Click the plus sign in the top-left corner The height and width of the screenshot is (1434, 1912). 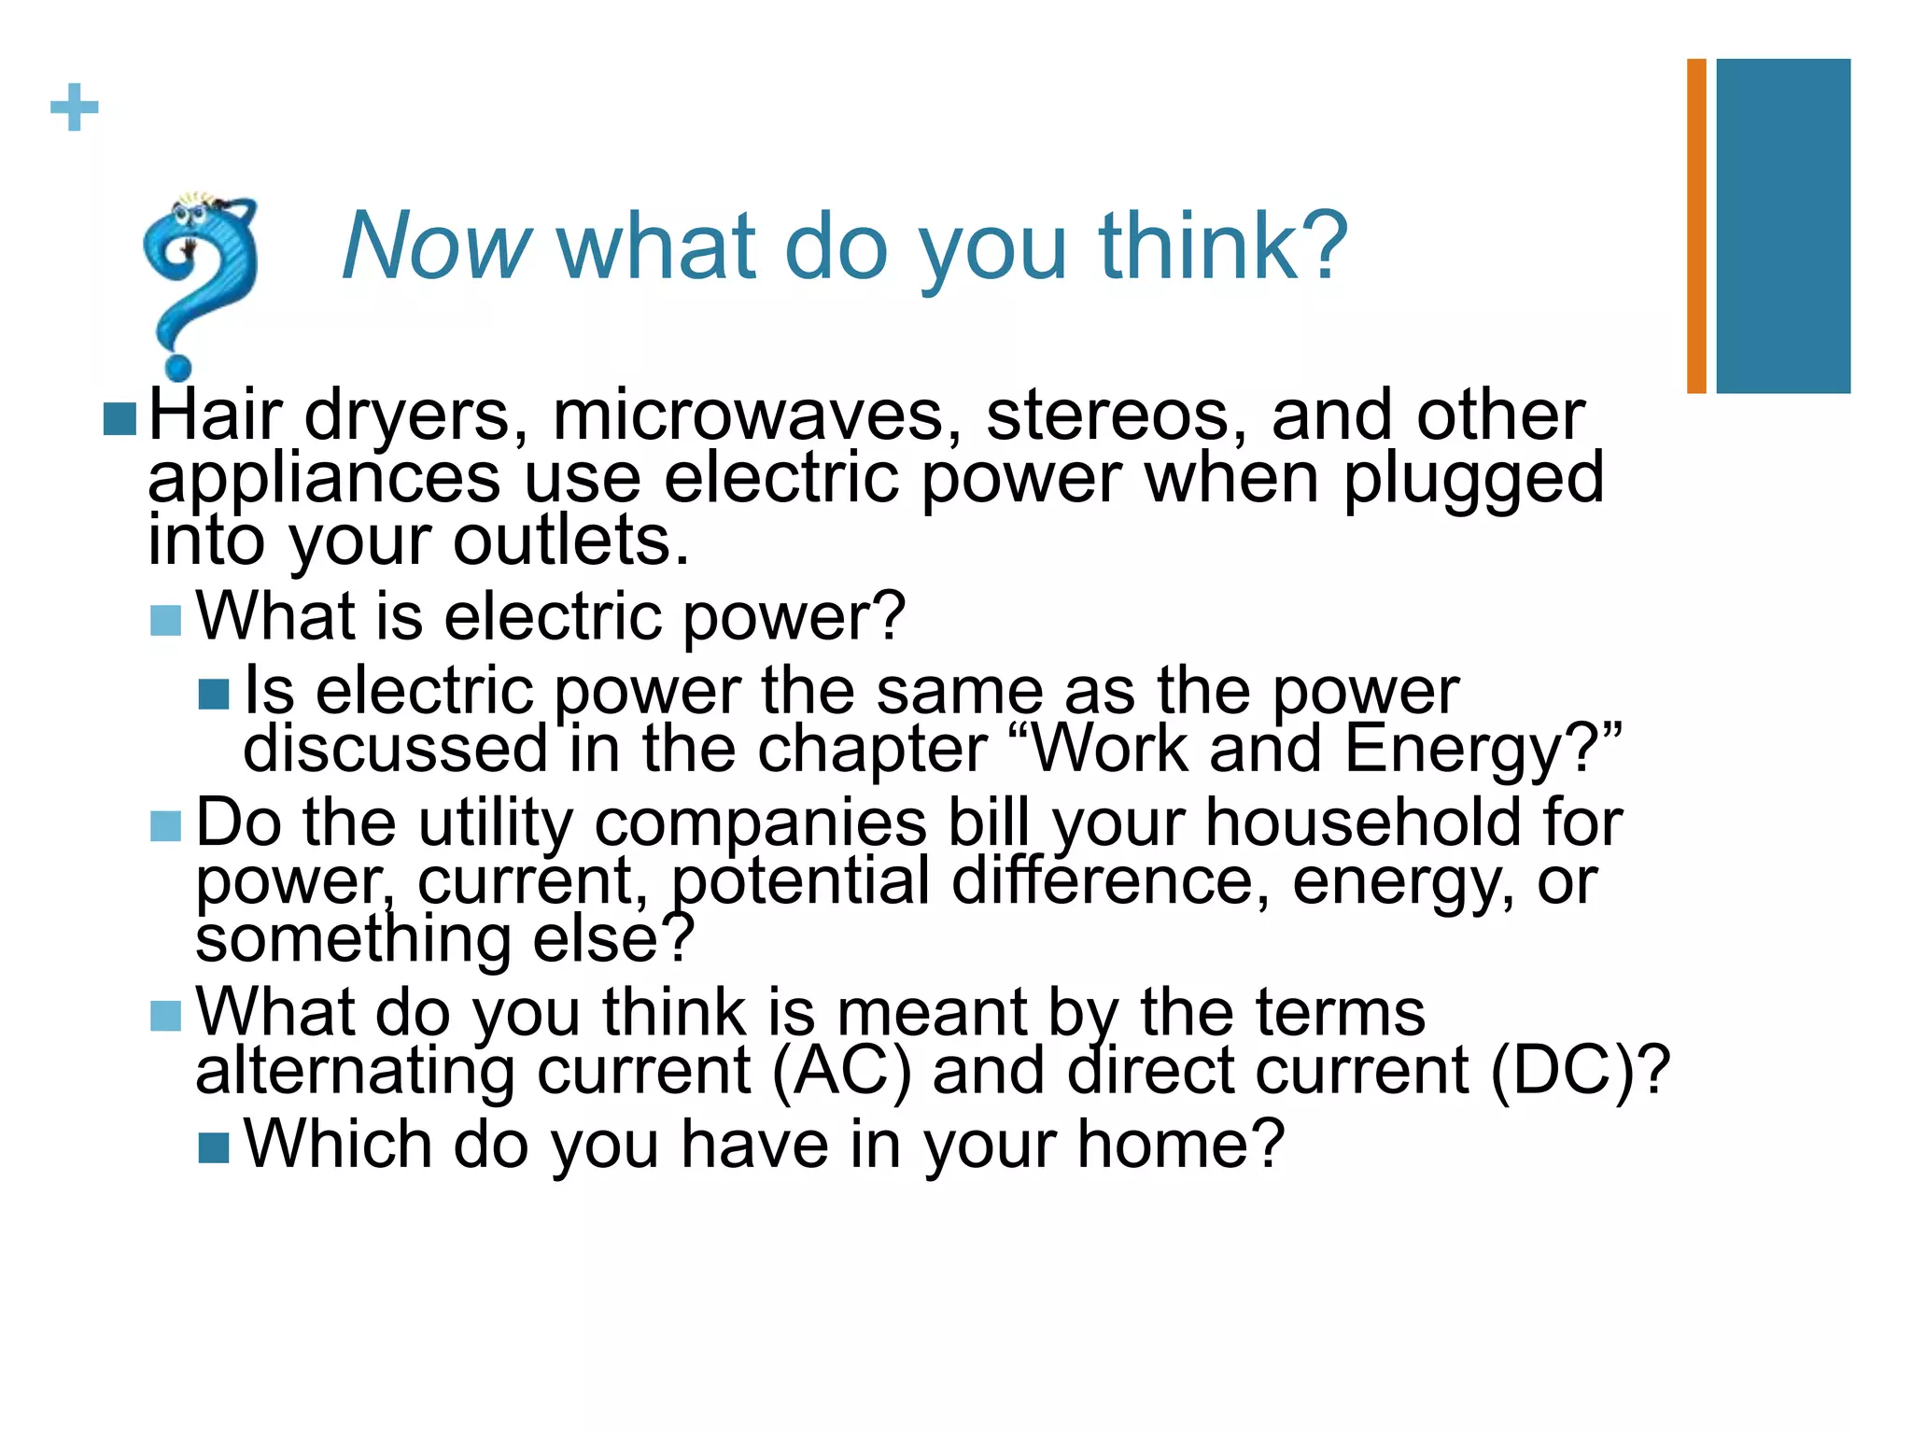(x=74, y=107)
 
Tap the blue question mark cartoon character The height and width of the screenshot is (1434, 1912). (x=198, y=280)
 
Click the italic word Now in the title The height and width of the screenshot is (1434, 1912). (x=436, y=246)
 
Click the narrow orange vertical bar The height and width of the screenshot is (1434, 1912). (x=1696, y=226)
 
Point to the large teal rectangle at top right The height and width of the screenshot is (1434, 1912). (x=1783, y=226)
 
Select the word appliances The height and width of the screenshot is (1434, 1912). (x=324, y=479)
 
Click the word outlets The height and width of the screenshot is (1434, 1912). (x=570, y=541)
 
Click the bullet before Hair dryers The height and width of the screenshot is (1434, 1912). (x=119, y=419)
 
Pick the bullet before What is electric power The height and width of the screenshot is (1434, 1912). (x=165, y=620)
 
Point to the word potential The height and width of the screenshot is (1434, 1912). (x=800, y=881)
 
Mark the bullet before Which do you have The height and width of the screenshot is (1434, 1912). (x=214, y=1148)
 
